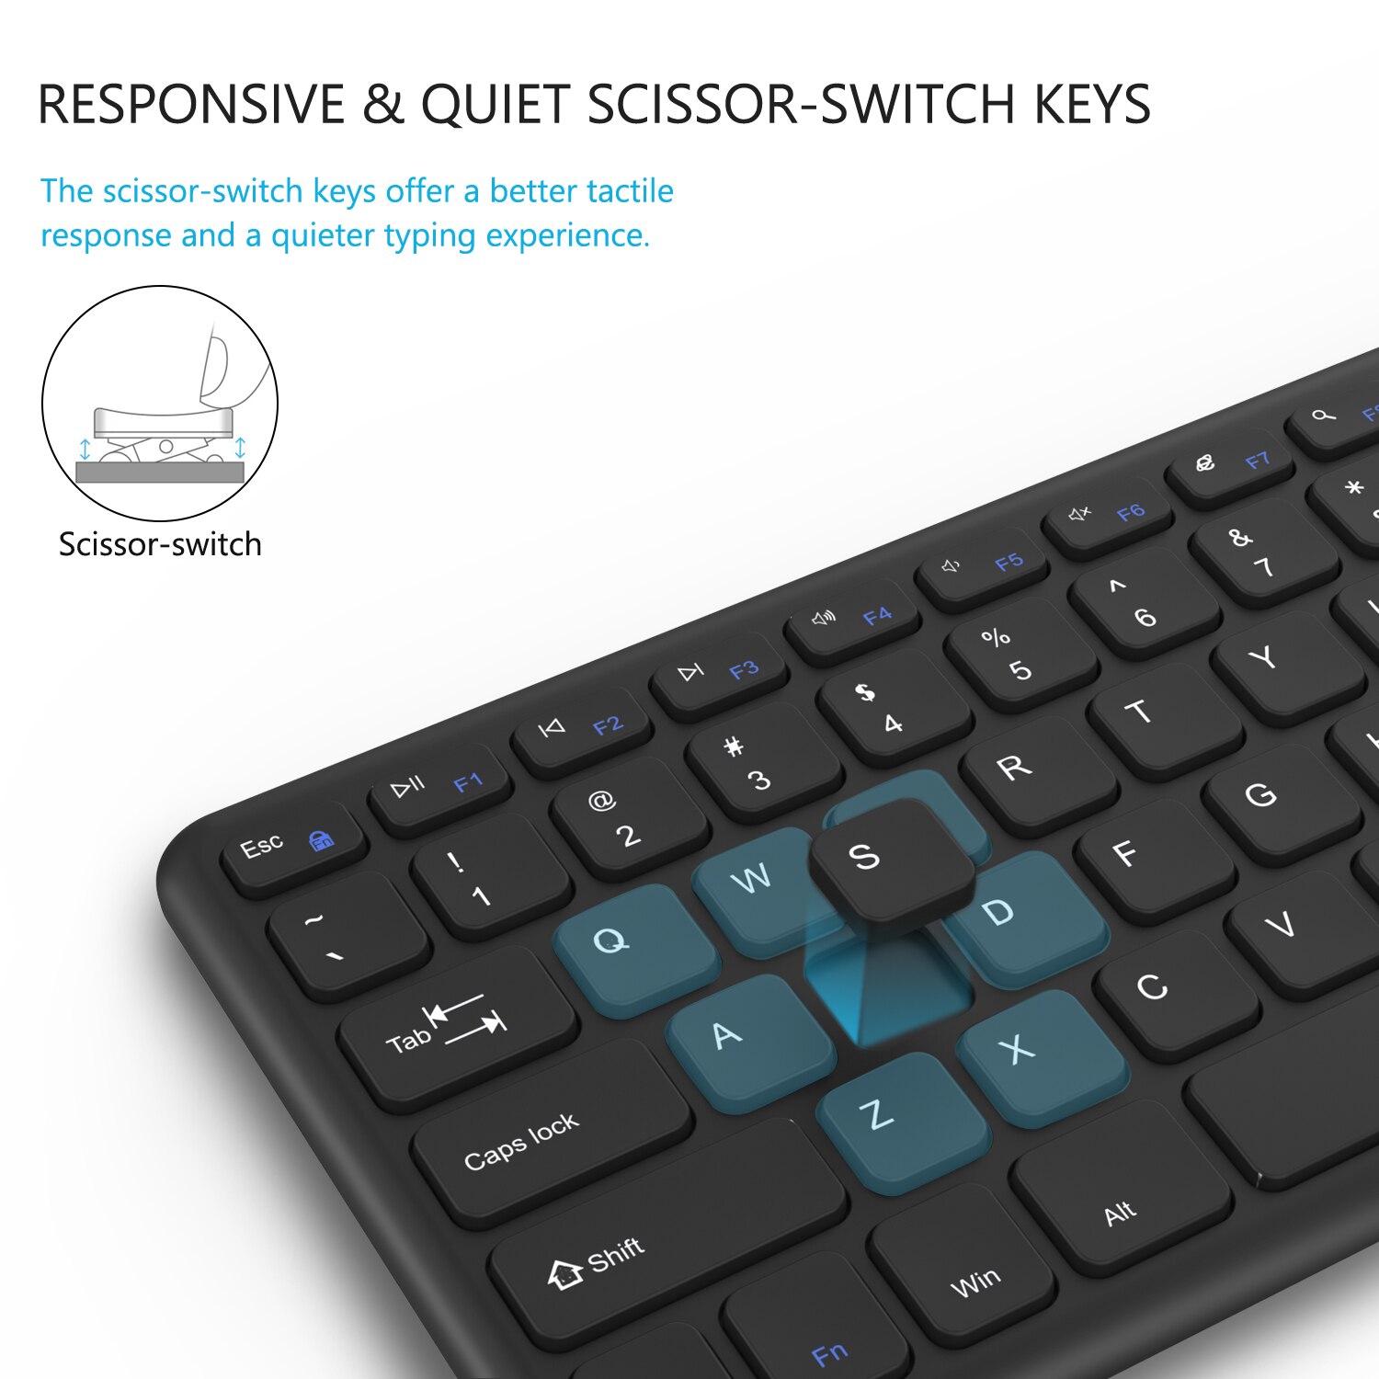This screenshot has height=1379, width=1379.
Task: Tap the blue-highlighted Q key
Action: point(634,947)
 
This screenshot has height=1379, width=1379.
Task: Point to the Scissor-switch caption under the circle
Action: point(160,544)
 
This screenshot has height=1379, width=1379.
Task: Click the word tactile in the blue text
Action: point(630,191)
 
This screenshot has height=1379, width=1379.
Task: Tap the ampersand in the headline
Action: point(382,104)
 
